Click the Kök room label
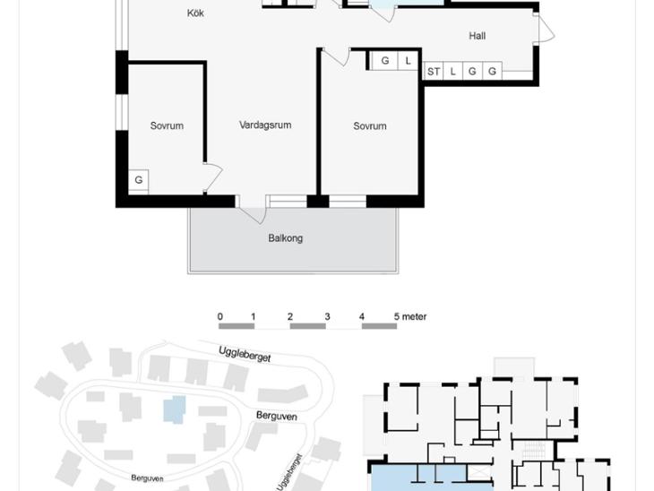tap(195, 13)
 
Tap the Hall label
tap(478, 36)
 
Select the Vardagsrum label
tap(265, 125)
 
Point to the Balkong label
tap(285, 238)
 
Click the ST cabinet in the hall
tap(434, 72)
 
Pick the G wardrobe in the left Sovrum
tap(139, 180)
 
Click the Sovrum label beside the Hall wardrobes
tap(369, 126)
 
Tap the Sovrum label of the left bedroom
tap(167, 125)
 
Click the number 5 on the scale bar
tap(397, 316)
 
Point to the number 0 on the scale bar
tap(219, 316)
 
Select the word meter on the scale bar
tap(414, 316)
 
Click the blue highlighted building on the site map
tap(175, 409)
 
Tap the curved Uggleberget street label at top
tap(245, 354)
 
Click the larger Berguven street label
tap(277, 416)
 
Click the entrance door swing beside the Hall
tap(545, 29)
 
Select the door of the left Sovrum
tap(212, 177)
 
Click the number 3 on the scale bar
tap(327, 316)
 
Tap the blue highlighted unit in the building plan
tap(431, 478)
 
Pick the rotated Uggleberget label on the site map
tap(288, 472)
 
